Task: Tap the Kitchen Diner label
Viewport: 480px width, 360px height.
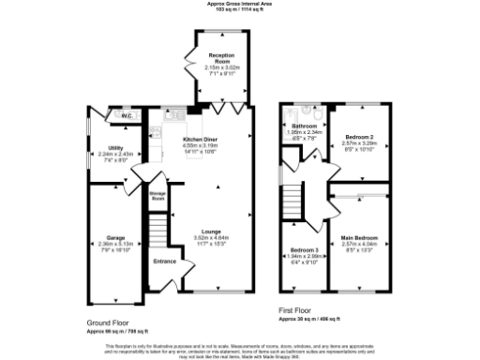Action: (x=199, y=139)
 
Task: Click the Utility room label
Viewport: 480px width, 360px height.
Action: (x=117, y=148)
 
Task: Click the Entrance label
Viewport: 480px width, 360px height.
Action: (x=166, y=262)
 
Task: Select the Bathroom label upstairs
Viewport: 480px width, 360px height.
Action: (x=304, y=125)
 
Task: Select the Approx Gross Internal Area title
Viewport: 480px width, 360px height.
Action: (x=239, y=4)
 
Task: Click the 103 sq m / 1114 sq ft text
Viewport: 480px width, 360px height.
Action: (x=239, y=9)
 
